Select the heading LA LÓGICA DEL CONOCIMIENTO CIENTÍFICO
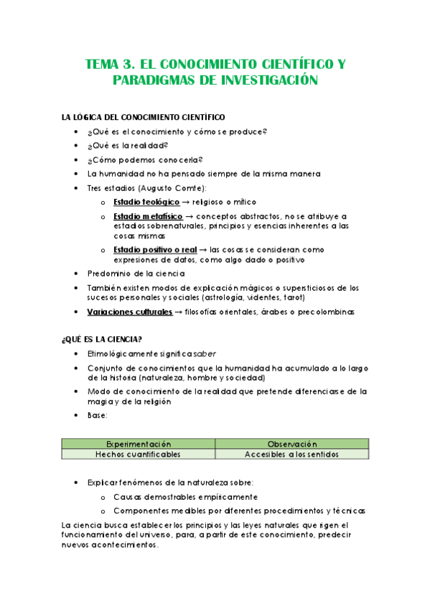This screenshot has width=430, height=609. click(144, 117)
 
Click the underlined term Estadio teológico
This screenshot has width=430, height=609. click(146, 202)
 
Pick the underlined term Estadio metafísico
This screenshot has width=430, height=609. click(147, 216)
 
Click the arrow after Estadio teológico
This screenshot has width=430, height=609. click(187, 202)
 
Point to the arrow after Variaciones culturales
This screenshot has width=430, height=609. click(178, 312)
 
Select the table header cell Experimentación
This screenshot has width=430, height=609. click(139, 444)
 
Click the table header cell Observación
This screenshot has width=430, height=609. click(292, 444)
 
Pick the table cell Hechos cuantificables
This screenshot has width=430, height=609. click(139, 454)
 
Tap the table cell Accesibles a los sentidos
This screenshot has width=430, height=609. click(292, 454)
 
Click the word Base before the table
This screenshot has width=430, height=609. click(96, 415)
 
